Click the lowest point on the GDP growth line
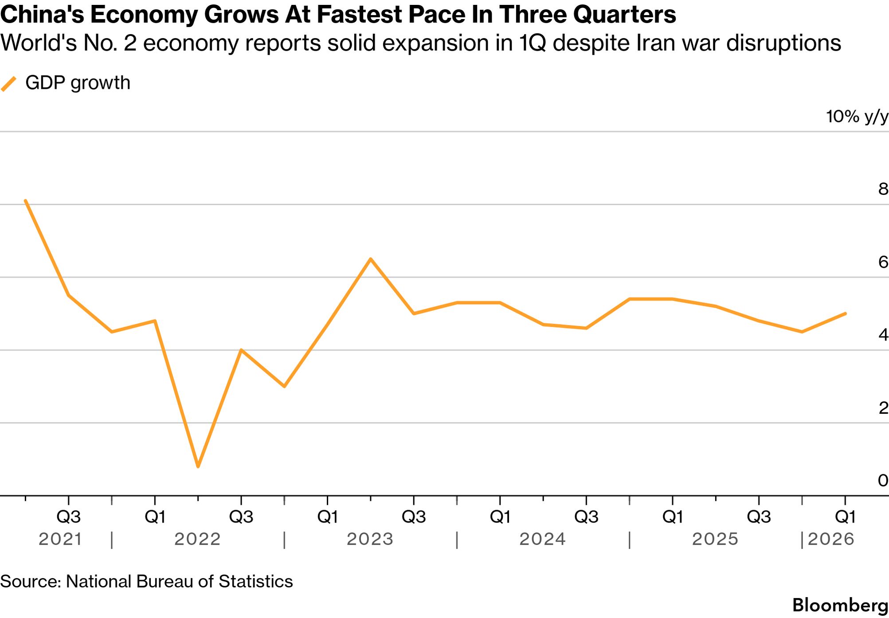198,466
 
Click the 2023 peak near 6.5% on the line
371,259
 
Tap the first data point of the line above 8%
26,201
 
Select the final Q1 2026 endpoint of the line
846,313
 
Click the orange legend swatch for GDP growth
9,83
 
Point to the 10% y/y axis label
857,117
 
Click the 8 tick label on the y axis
883,189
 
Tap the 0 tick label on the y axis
883,480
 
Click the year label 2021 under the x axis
60,539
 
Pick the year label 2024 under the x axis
543,539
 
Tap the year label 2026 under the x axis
831,539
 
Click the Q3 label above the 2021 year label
69,517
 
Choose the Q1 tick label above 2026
846,517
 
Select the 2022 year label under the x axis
197,539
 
